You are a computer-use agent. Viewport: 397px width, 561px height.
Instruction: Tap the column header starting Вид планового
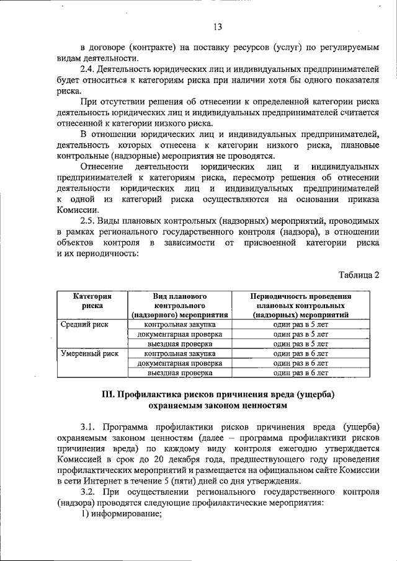click(x=179, y=306)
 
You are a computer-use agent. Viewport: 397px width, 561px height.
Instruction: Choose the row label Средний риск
click(x=84, y=324)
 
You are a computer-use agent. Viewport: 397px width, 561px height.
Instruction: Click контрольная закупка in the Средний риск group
click(x=179, y=324)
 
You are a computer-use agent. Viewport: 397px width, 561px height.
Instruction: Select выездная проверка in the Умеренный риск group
click(x=179, y=373)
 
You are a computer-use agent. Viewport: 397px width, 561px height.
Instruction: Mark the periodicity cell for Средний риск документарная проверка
click(x=300, y=334)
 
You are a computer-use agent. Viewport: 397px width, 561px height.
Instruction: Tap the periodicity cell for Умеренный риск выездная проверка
click(x=300, y=373)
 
